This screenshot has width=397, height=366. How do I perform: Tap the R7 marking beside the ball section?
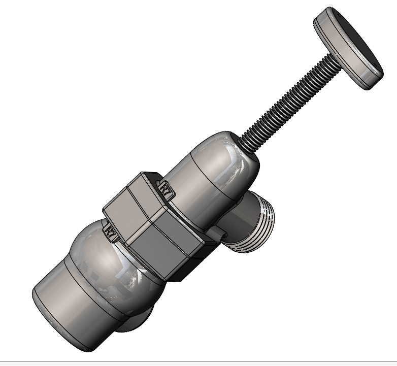pos(110,231)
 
